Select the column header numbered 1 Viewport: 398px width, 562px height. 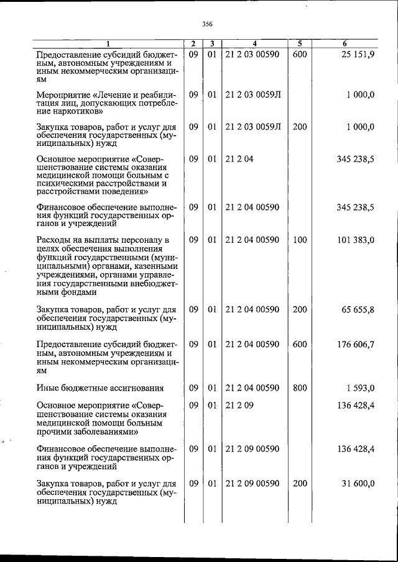(x=107, y=43)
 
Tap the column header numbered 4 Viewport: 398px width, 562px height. (x=254, y=43)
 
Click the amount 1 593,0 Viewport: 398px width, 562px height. (x=360, y=388)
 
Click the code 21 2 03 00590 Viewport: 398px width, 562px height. (x=252, y=55)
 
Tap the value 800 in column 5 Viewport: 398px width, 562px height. (x=300, y=388)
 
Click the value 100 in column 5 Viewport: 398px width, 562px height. (x=300, y=240)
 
